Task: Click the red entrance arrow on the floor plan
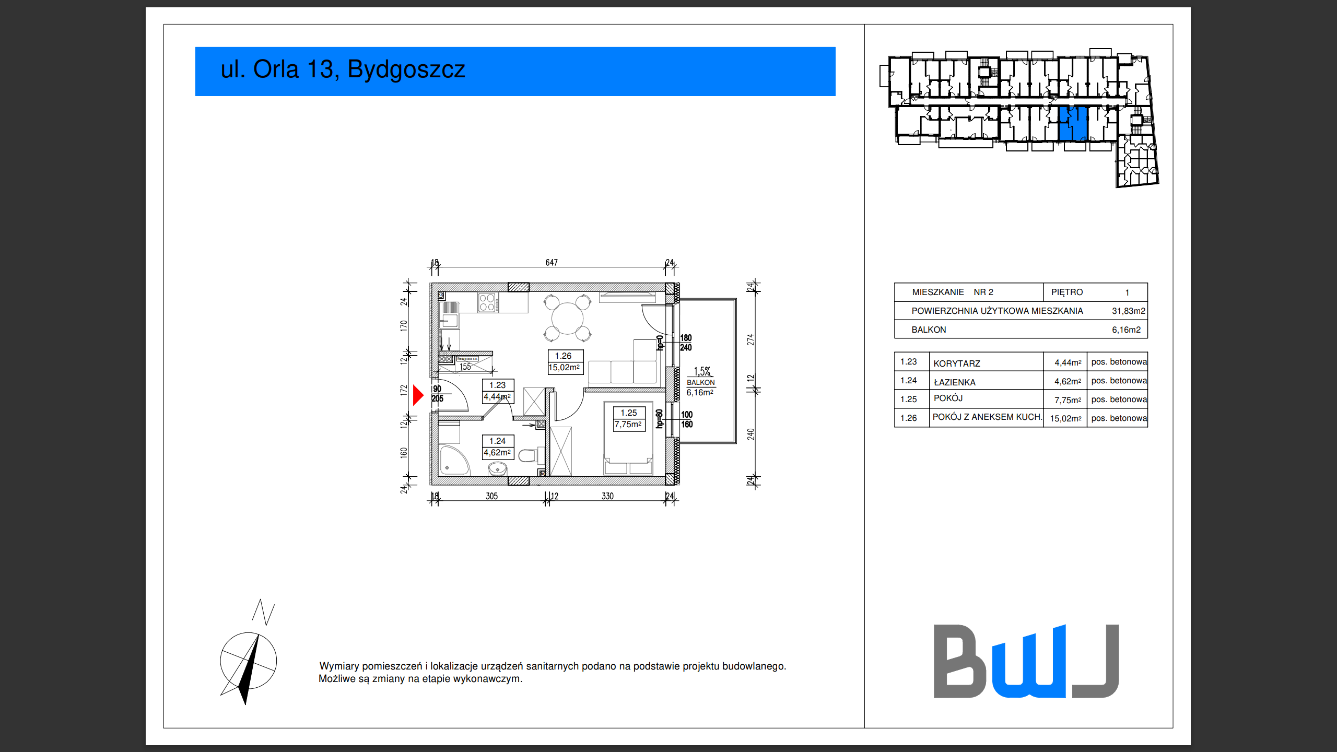[417, 395]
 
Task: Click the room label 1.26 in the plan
[563, 356]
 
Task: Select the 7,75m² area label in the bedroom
[628, 425]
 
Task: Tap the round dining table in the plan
[567, 318]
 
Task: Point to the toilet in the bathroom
[529, 455]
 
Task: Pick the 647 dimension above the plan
[552, 263]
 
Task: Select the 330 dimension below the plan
[607, 496]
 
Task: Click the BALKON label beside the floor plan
[700, 383]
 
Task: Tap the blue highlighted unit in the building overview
[1073, 124]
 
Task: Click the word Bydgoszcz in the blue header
[406, 69]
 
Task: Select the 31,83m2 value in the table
[1128, 311]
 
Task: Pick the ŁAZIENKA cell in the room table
[954, 382]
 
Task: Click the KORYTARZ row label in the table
[956, 363]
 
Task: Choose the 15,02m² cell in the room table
[1065, 419]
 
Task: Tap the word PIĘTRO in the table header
[1066, 292]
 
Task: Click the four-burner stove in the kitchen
[487, 303]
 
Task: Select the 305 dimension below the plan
[491, 496]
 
